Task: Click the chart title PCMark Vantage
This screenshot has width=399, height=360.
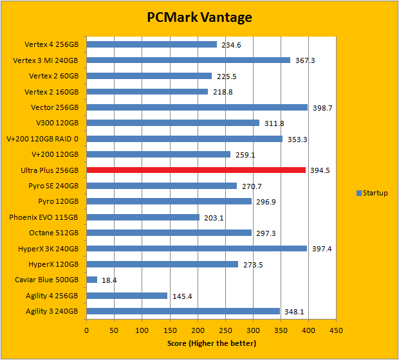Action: [199, 17]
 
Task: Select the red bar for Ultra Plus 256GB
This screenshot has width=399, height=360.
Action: [196, 170]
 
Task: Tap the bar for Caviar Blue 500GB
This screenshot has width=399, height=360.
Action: [91, 280]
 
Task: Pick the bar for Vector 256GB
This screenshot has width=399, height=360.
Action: [197, 107]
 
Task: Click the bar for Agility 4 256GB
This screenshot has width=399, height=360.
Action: [127, 296]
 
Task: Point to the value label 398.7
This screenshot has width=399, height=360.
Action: [322, 108]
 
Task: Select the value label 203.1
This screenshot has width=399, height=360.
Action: [213, 217]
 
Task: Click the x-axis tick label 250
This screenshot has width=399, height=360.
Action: [225, 330]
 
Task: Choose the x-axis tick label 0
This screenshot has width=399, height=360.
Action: [87, 330]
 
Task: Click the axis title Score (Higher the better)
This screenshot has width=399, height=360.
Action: [211, 343]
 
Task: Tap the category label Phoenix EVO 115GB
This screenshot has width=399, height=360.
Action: [44, 217]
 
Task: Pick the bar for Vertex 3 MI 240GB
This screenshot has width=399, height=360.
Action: [189, 60]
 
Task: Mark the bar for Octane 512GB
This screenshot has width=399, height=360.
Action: [169, 233]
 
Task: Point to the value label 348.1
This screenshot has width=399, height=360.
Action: [293, 312]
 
